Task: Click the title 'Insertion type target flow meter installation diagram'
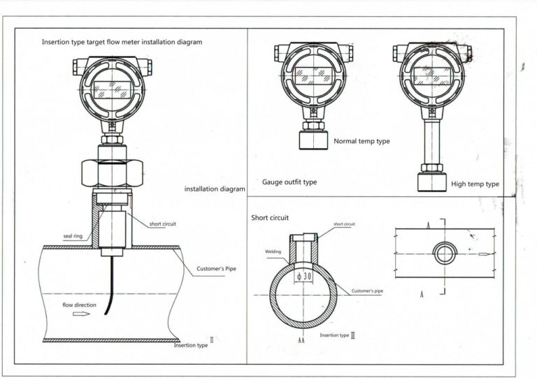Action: point(122,42)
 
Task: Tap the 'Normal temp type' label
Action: point(361,141)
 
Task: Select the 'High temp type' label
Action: point(475,184)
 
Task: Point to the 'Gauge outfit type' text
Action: point(289,182)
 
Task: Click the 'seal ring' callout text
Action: point(73,236)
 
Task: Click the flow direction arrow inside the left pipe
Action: point(82,314)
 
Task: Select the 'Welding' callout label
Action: point(273,252)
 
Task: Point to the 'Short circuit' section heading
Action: point(270,218)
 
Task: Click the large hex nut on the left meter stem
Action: point(111,170)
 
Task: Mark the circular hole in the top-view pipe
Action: point(444,254)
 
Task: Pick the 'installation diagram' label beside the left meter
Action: point(215,189)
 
